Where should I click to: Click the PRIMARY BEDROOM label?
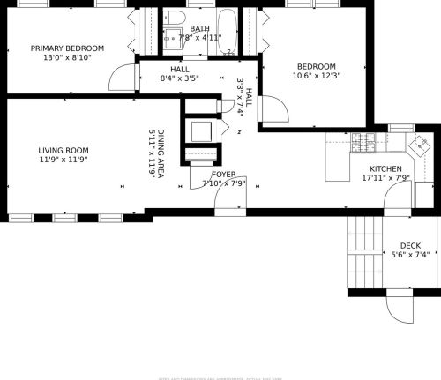[x=67, y=48]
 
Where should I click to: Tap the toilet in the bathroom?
[x=175, y=19]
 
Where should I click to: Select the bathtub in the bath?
[x=227, y=27]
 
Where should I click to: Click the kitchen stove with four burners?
[x=362, y=140]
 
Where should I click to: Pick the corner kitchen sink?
[x=420, y=144]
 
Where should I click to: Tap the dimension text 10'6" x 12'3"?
[x=317, y=76]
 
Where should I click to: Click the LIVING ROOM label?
[x=63, y=151]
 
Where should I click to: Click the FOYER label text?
[x=223, y=174]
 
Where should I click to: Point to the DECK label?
[x=410, y=246]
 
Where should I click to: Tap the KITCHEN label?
[x=385, y=168]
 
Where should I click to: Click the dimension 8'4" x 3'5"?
[x=180, y=78]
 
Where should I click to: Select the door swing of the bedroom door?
[x=278, y=109]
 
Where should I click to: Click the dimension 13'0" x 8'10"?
[x=67, y=57]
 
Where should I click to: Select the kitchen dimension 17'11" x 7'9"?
[x=385, y=177]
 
